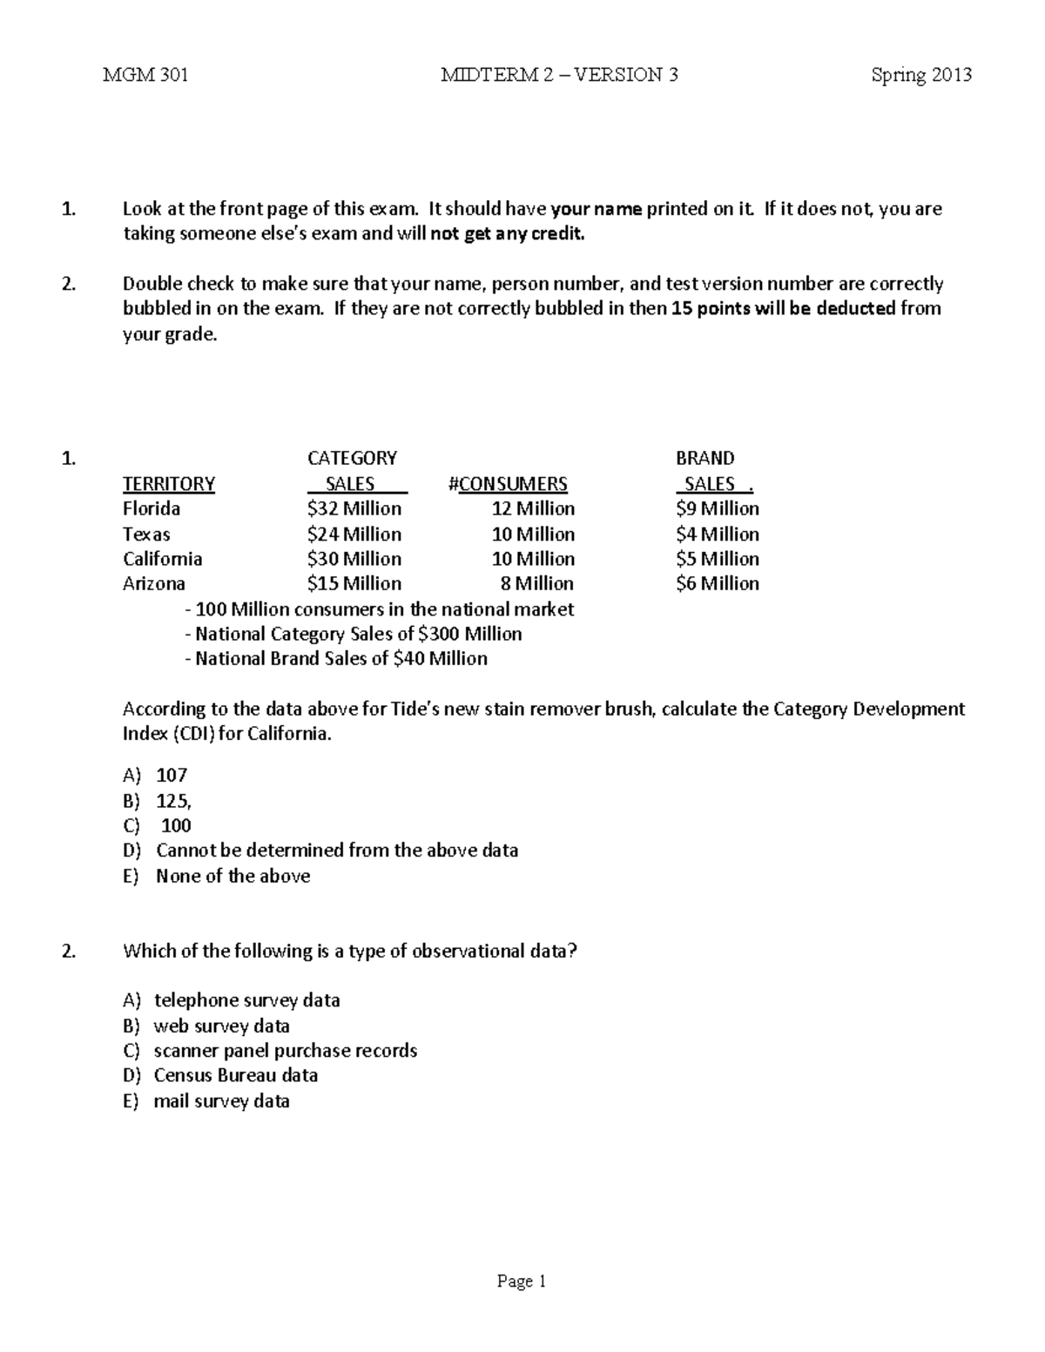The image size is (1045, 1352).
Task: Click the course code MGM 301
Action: (x=145, y=75)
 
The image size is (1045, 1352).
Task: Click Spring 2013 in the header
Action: (x=920, y=75)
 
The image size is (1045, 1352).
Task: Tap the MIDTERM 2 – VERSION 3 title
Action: (x=559, y=75)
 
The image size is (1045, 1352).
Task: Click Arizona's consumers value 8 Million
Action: (x=536, y=583)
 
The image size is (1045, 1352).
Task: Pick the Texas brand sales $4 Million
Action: (x=717, y=534)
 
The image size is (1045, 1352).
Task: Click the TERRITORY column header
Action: (x=169, y=484)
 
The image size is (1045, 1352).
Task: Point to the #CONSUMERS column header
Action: (x=507, y=484)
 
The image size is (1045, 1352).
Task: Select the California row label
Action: (x=162, y=559)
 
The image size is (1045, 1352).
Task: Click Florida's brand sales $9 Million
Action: (x=717, y=508)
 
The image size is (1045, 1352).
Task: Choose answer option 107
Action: (x=172, y=775)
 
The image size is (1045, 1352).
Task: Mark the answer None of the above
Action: (x=233, y=876)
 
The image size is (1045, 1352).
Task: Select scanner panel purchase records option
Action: (x=285, y=1051)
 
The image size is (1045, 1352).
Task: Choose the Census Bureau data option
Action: (x=235, y=1075)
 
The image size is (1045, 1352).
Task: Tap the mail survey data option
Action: (x=221, y=1101)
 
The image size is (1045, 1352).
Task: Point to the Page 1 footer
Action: (x=521, y=1281)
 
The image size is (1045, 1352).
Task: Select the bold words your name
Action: (x=597, y=209)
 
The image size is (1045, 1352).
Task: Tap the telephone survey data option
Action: (x=246, y=1000)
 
